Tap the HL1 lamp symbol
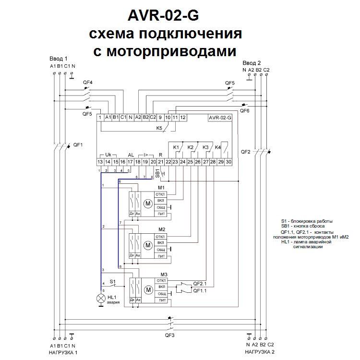point(101,298)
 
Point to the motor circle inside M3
point(148,289)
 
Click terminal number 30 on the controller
point(229,162)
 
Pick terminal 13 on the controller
point(100,162)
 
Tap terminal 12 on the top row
point(183,117)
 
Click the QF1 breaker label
point(78,144)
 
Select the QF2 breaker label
point(246,152)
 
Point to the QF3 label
point(170,335)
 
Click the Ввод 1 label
point(59,58)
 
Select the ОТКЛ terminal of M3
point(162,280)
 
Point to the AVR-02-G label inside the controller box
point(220,118)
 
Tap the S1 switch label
point(113,281)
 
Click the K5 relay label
point(160,128)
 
